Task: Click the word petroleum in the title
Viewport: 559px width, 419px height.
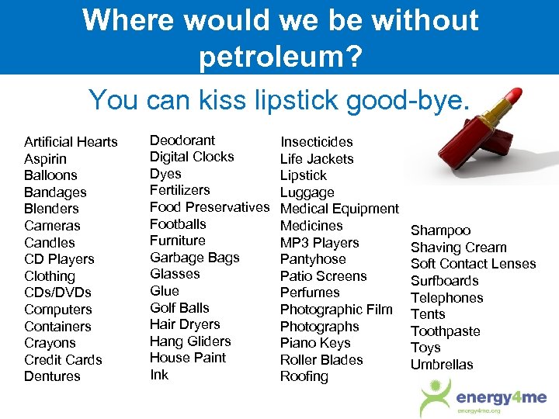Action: (279, 56)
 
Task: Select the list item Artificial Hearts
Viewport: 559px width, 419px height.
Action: (71, 142)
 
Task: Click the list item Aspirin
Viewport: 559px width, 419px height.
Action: (45, 159)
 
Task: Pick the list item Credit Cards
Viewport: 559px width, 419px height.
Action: (63, 360)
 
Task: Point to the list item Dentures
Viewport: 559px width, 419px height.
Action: (52, 376)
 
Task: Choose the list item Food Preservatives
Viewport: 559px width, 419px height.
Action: (209, 207)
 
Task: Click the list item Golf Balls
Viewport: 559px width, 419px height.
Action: (179, 308)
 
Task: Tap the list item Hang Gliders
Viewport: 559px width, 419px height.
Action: (190, 341)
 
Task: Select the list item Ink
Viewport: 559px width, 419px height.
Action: (158, 375)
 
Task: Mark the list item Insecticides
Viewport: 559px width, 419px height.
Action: (316, 142)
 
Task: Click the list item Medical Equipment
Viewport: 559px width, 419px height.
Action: (339, 209)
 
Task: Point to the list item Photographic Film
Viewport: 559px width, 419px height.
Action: (336, 310)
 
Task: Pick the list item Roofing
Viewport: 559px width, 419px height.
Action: (304, 376)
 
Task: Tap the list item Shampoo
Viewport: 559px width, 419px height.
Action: (440, 230)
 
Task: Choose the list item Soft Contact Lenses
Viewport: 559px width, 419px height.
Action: (473, 264)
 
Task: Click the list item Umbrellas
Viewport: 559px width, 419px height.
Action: (442, 365)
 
